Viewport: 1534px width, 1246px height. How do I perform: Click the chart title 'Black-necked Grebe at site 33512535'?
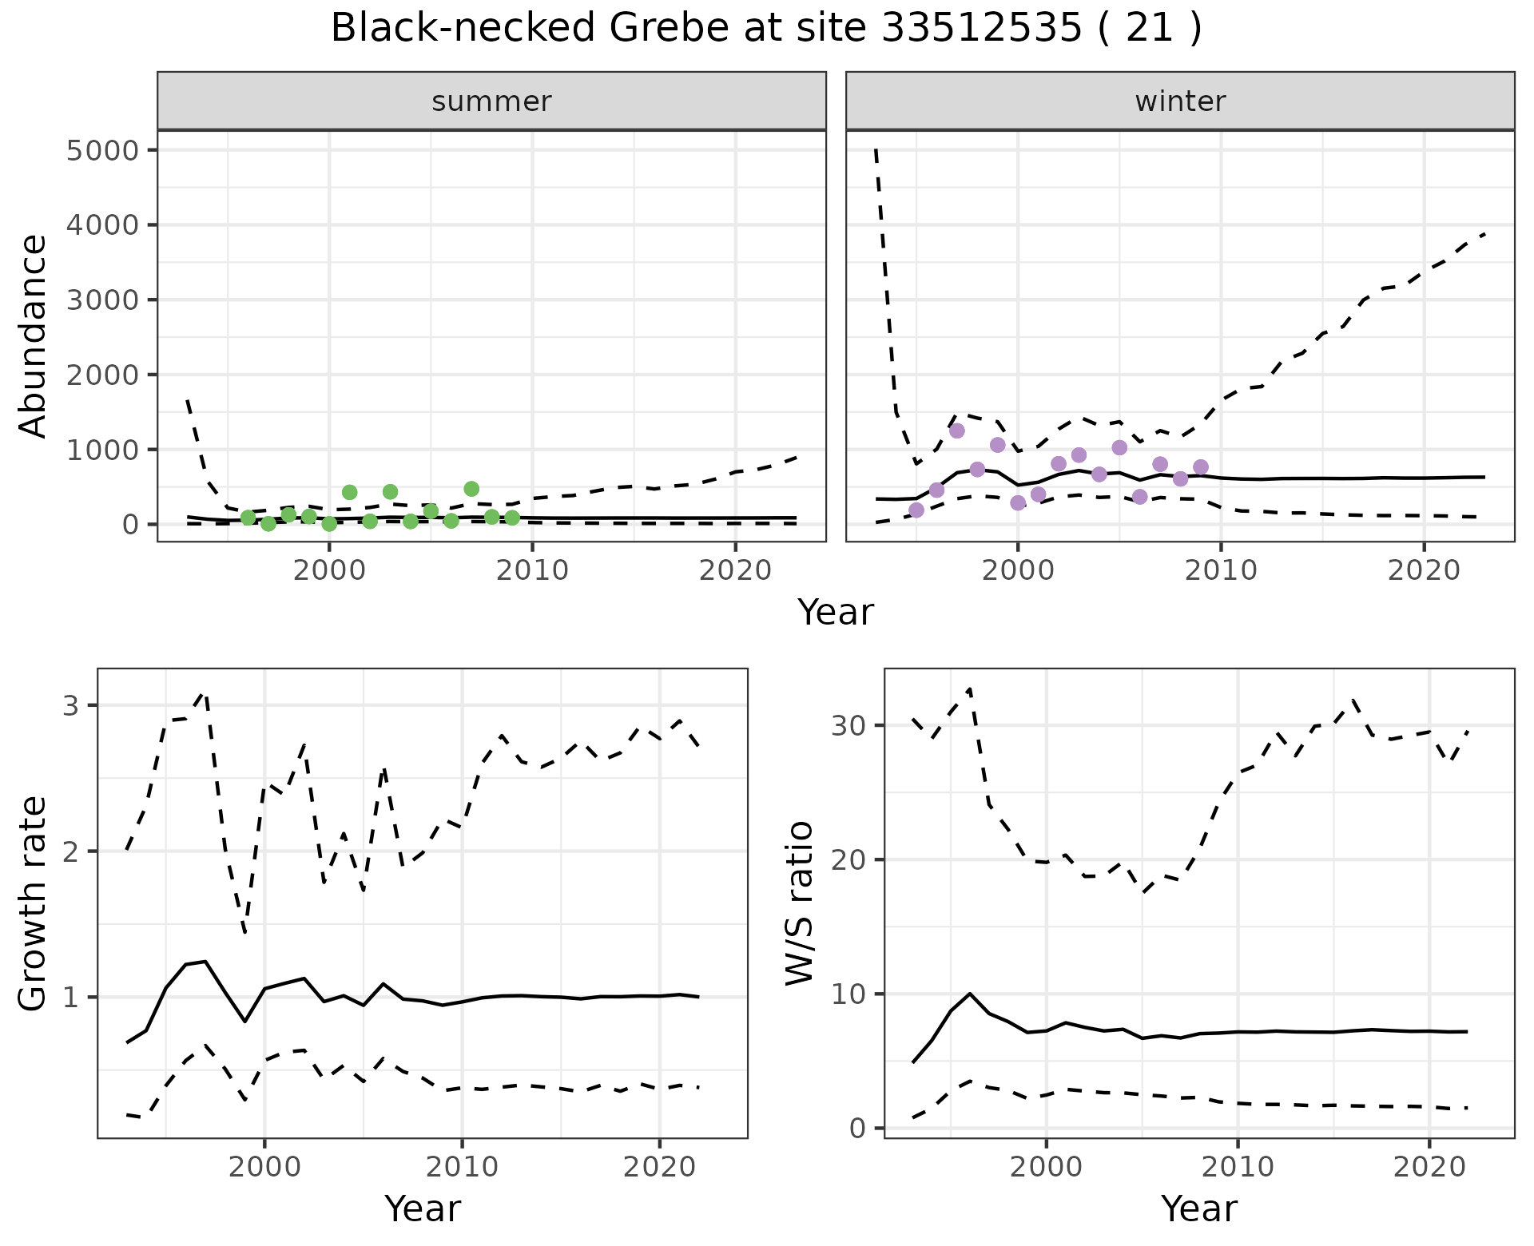[x=765, y=29]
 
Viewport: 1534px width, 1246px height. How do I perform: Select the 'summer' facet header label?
[x=491, y=101]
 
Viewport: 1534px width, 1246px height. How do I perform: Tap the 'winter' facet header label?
[x=1180, y=101]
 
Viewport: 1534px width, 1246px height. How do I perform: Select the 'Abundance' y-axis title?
[x=34, y=335]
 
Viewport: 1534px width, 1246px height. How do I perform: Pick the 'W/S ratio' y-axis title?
[x=799, y=903]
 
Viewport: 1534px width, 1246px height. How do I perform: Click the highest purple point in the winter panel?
[x=957, y=431]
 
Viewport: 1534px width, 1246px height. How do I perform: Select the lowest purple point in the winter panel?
[x=916, y=510]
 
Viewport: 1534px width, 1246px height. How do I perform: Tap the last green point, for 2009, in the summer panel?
[x=512, y=518]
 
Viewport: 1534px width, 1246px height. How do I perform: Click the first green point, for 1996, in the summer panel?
[x=248, y=518]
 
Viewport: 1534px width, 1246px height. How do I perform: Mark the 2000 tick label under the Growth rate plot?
[x=264, y=1167]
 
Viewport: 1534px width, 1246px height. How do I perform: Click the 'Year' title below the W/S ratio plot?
[x=1199, y=1209]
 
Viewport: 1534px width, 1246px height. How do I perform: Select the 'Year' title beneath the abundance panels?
[x=836, y=613]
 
